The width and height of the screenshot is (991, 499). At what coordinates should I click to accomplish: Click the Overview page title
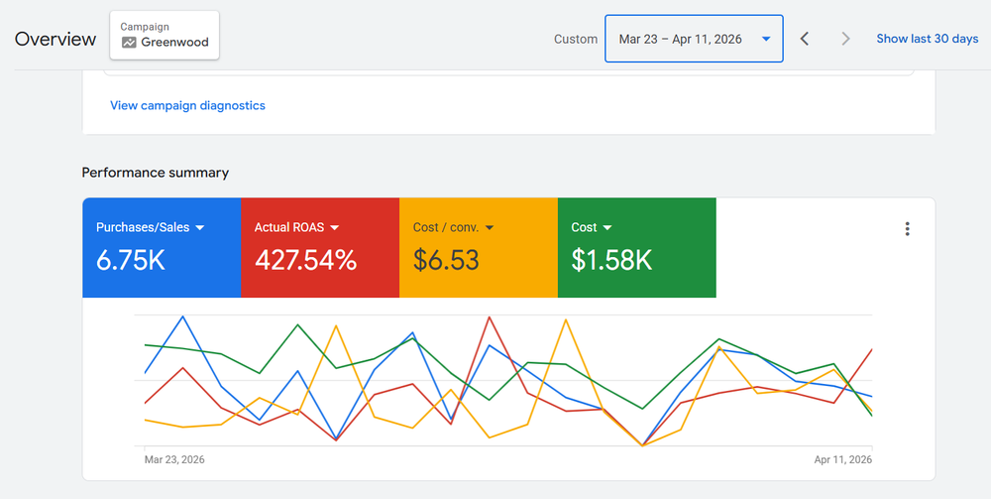click(55, 40)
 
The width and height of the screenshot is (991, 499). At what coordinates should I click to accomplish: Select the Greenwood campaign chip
click(165, 36)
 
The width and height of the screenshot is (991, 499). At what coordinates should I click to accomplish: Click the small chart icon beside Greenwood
click(129, 43)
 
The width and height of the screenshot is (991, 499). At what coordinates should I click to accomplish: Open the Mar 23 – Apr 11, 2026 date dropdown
click(693, 39)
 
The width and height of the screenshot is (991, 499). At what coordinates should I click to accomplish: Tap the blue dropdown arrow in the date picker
click(766, 40)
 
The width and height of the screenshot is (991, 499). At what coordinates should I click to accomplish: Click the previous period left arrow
click(805, 39)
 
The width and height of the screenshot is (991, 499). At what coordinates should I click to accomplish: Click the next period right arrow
click(845, 39)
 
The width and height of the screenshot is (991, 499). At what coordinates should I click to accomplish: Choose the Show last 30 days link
click(927, 39)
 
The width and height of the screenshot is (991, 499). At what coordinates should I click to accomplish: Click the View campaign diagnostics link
click(187, 105)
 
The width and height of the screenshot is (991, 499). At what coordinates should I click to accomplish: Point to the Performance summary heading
click(156, 173)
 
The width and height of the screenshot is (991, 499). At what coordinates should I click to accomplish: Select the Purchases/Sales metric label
click(143, 227)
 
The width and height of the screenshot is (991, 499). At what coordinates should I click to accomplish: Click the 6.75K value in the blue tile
click(131, 260)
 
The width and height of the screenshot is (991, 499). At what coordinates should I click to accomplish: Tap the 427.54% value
click(305, 260)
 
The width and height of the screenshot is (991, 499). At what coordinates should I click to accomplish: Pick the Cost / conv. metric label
click(446, 227)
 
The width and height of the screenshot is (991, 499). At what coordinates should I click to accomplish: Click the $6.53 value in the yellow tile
click(446, 260)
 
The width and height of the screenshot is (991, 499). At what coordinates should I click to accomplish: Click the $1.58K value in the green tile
click(611, 260)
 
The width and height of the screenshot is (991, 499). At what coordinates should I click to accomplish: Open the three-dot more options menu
click(907, 229)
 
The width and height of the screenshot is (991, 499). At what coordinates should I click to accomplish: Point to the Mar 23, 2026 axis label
click(174, 459)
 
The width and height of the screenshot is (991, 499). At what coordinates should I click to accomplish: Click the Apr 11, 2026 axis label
click(842, 459)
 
